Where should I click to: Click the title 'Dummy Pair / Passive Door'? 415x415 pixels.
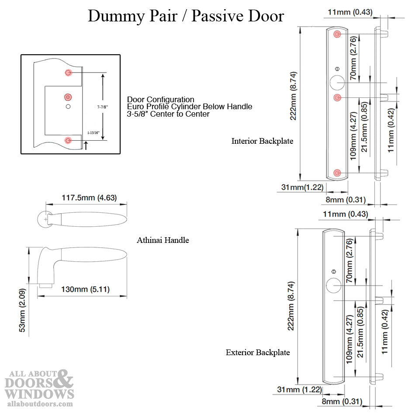click(x=186, y=16)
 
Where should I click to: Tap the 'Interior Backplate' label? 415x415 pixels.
click(x=262, y=141)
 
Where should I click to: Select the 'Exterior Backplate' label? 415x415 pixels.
click(x=258, y=353)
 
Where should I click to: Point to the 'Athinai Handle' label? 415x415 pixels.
click(x=163, y=240)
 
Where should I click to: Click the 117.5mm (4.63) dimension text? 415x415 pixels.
click(x=89, y=198)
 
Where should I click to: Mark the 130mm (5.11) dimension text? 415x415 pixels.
click(x=85, y=289)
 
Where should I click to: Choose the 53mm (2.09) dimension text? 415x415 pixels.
click(x=22, y=310)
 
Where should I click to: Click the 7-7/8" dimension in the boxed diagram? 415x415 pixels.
click(x=102, y=107)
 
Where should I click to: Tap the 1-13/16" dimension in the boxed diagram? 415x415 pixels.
click(x=93, y=133)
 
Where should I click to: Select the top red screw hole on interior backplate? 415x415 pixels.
click(x=337, y=34)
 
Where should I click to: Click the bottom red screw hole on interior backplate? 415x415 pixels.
click(x=337, y=173)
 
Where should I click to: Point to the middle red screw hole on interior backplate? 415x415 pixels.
click(x=337, y=98)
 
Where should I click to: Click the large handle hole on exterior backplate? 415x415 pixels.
click(x=333, y=286)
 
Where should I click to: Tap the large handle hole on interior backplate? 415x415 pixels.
click(x=337, y=83)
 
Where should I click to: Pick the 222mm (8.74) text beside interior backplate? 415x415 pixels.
click(x=293, y=96)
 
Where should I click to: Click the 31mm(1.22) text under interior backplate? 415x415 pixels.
click(x=302, y=187)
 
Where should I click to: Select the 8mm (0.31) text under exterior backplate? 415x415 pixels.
click(x=342, y=401)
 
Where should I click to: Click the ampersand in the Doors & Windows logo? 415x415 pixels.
click(x=62, y=379)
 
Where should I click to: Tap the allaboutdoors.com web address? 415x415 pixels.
click(x=40, y=404)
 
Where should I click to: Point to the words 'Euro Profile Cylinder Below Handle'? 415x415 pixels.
click(x=190, y=107)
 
